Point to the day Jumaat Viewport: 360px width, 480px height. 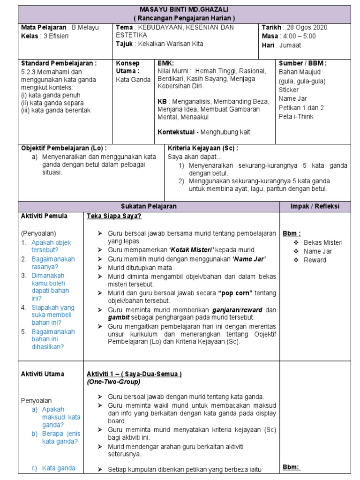tap(291, 45)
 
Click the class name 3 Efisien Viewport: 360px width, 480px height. tap(56, 36)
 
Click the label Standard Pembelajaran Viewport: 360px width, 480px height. tap(59, 63)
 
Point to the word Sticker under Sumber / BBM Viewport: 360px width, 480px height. tap(288, 90)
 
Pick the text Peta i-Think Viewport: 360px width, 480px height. tap(296, 116)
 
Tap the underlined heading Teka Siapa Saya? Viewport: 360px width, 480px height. tap(114, 216)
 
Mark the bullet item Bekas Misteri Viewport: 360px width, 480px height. tap(323, 242)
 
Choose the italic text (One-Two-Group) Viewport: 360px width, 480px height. tap(113, 382)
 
